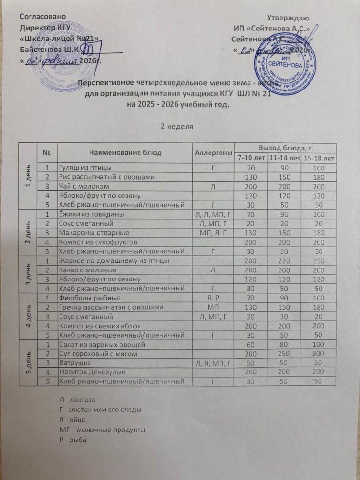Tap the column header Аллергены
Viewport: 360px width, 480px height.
(214, 153)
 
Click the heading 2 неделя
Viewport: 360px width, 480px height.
(180, 126)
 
